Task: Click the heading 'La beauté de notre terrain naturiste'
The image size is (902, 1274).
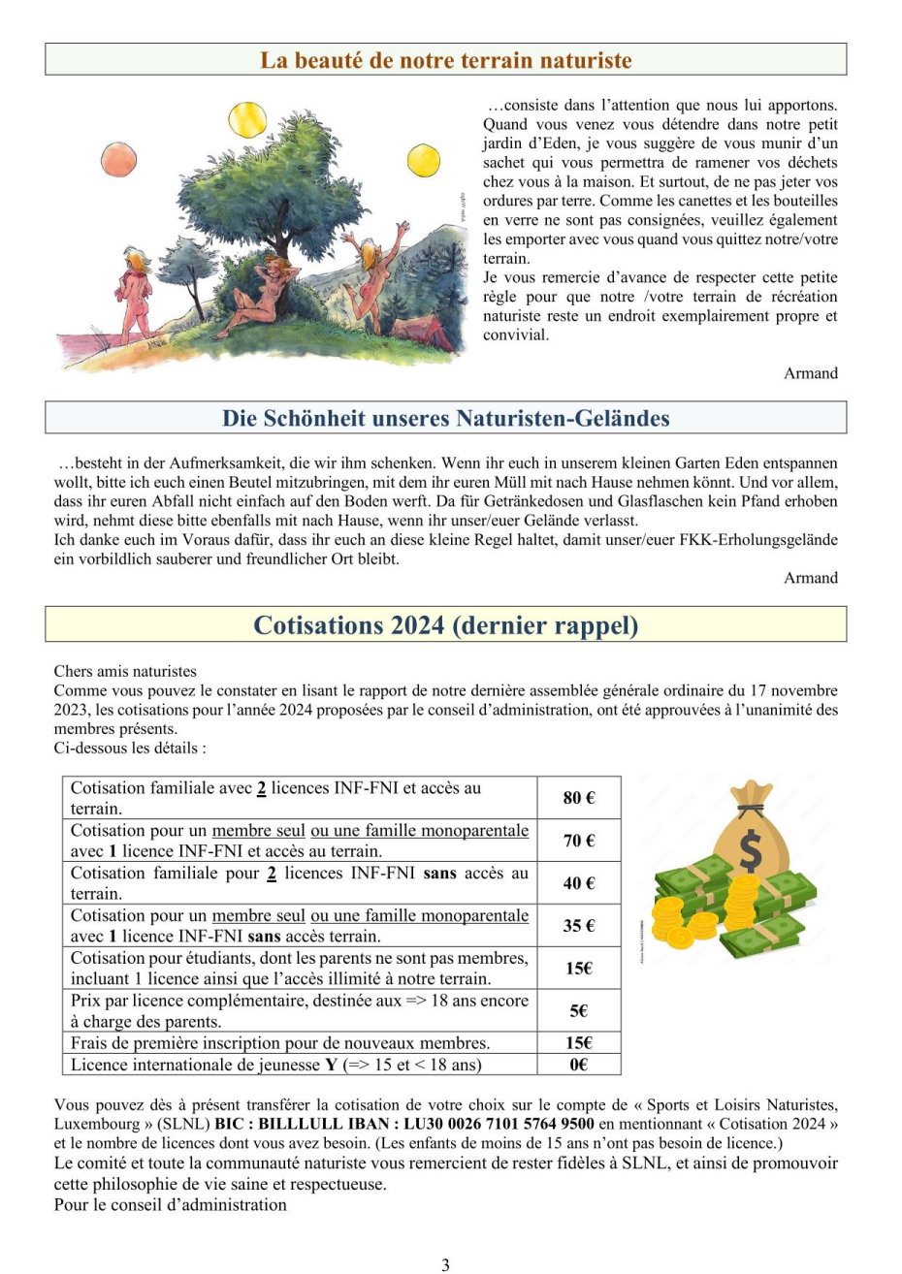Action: click(x=445, y=60)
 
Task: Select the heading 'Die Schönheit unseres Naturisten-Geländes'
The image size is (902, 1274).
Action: click(x=445, y=419)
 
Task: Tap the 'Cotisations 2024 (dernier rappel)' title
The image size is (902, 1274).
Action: click(x=445, y=625)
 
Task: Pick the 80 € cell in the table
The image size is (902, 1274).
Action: click(x=578, y=798)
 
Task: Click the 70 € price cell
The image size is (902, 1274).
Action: click(x=578, y=841)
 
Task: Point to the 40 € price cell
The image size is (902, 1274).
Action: click(x=578, y=883)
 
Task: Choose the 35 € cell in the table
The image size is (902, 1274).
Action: click(x=578, y=926)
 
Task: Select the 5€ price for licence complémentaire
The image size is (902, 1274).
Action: click(x=578, y=1011)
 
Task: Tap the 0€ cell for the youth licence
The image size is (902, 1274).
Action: click(x=578, y=1065)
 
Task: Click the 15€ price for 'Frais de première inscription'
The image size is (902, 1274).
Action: click(x=578, y=1043)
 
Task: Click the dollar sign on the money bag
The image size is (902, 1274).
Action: click(x=750, y=850)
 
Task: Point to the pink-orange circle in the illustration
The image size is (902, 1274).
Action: click(x=118, y=160)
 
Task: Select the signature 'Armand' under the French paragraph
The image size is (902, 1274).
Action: click(x=811, y=373)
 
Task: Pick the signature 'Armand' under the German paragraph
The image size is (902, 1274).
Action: click(x=811, y=578)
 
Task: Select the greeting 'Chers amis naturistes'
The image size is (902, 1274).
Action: click(x=125, y=671)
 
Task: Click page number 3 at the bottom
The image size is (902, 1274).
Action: click(x=445, y=1264)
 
